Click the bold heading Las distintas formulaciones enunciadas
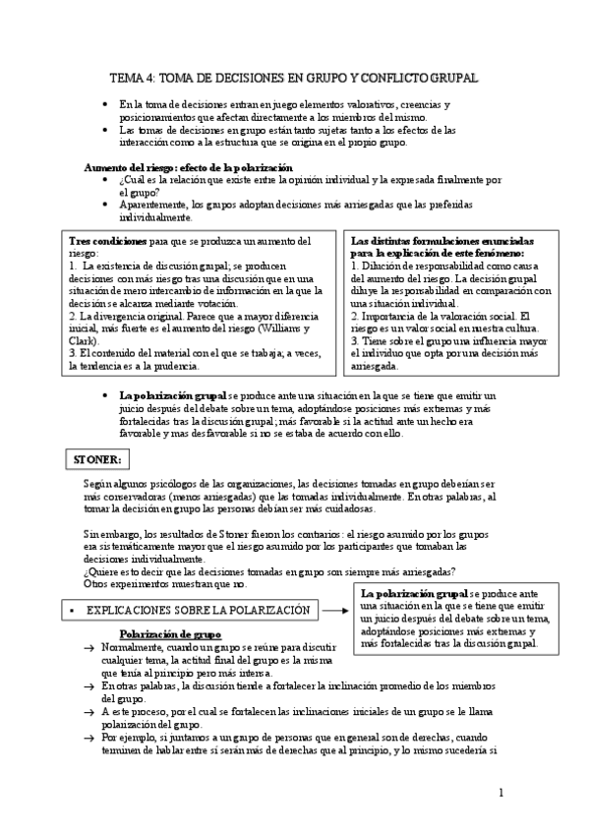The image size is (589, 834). [x=441, y=240]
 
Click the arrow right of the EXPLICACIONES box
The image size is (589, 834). [x=336, y=611]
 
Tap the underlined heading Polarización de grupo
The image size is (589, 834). [x=169, y=634]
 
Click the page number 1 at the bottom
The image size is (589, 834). [x=501, y=792]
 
